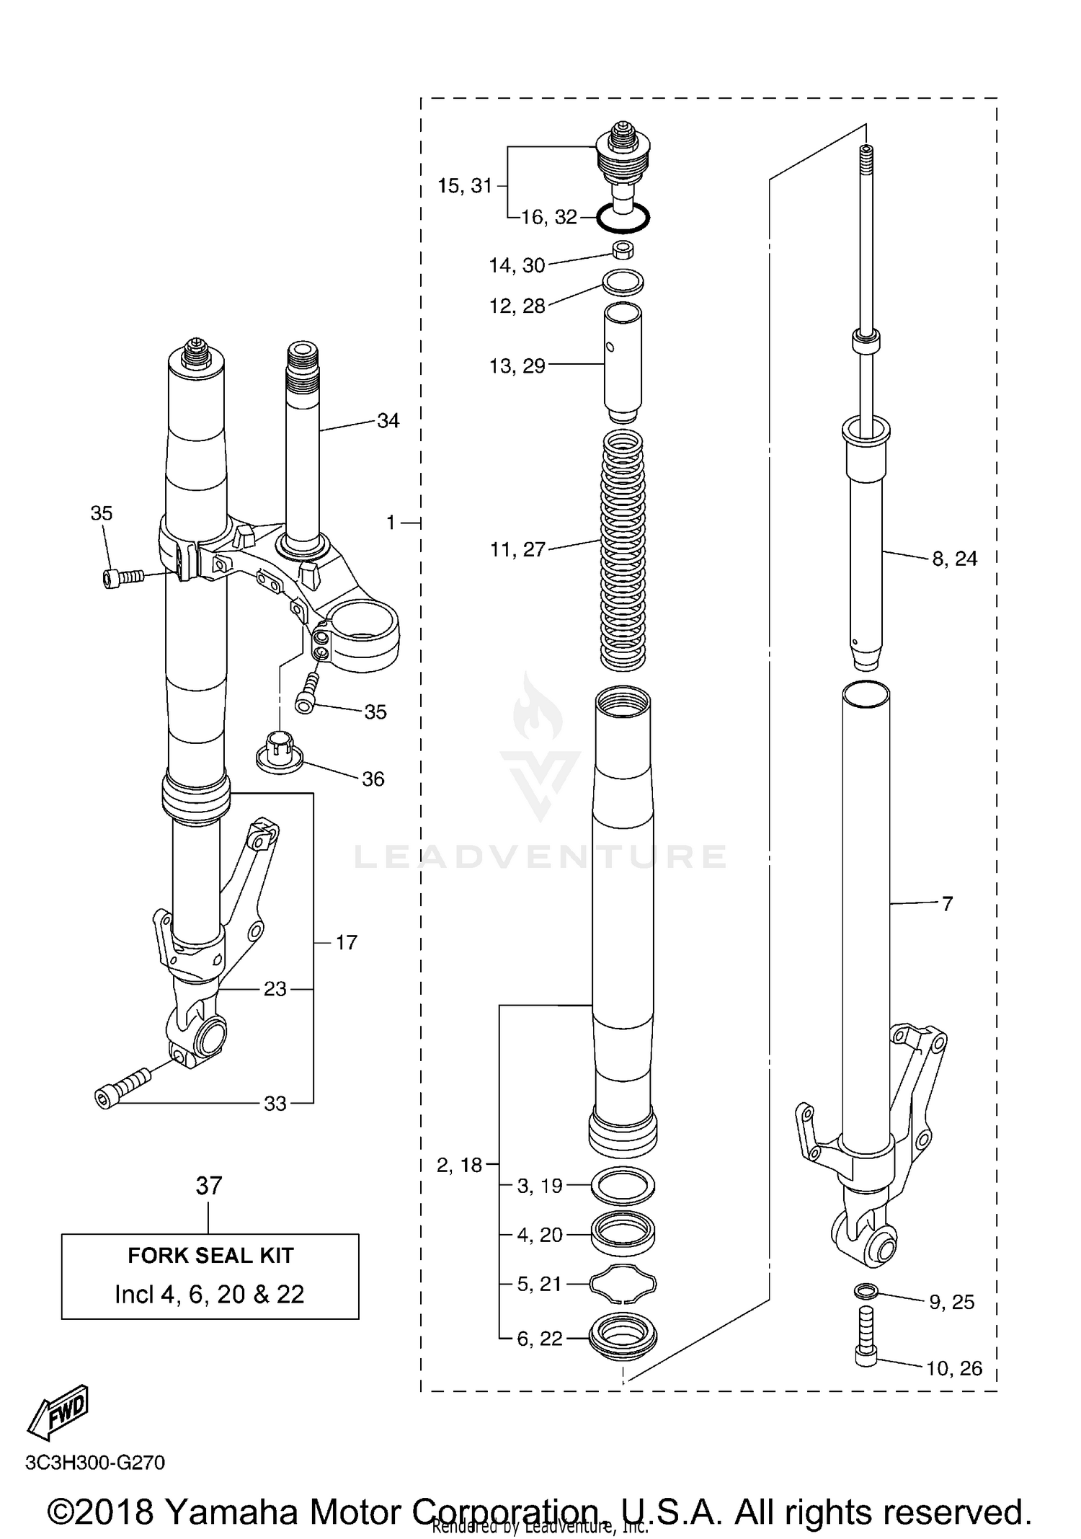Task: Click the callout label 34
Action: click(388, 420)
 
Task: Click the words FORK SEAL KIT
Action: click(210, 1255)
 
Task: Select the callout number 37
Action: click(209, 1186)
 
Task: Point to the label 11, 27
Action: click(517, 550)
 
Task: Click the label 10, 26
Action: click(954, 1368)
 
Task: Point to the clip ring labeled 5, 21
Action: click(623, 1283)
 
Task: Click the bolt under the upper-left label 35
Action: click(123, 577)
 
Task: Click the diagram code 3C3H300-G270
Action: click(95, 1463)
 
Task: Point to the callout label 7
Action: click(947, 903)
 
